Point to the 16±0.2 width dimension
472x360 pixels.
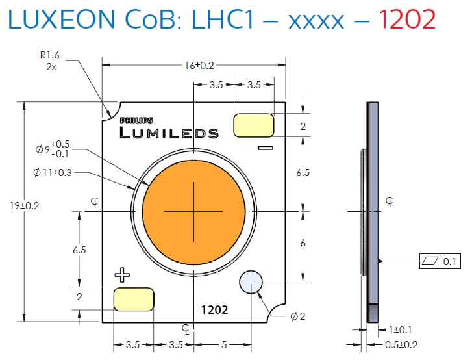coord(194,65)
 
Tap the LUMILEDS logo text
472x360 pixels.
coord(169,133)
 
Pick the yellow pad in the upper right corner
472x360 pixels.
coord(253,125)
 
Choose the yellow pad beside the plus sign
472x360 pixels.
coord(134,298)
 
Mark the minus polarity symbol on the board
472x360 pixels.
coord(264,149)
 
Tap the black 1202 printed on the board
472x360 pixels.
coord(214,310)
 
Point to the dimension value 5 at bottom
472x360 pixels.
coord(223,345)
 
